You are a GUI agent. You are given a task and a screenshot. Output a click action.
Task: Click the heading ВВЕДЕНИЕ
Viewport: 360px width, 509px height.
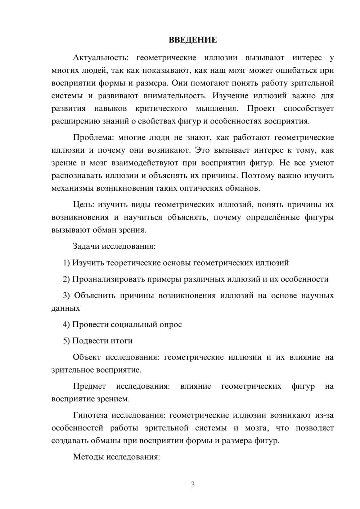[x=193, y=40]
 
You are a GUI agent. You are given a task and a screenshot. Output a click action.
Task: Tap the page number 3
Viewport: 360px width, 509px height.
[x=193, y=485]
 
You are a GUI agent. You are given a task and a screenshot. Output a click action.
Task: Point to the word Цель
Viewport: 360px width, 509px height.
[x=84, y=204]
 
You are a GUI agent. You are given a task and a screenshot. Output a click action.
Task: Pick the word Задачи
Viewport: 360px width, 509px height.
[x=86, y=247]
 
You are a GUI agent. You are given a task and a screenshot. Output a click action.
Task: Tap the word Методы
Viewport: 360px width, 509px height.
[x=88, y=457]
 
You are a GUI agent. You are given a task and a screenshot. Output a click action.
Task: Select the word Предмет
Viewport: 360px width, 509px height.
[x=89, y=386]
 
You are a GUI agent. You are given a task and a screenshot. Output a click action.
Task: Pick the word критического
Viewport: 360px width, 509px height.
[x=161, y=108]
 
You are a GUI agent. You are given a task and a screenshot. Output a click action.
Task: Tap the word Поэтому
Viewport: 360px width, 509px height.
[x=258, y=176]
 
